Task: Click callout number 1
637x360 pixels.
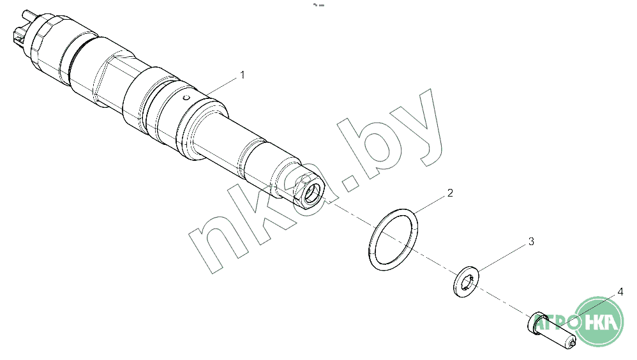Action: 243,75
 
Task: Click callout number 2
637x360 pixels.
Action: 450,193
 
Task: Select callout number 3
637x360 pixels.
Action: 531,241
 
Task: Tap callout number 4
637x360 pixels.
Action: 620,292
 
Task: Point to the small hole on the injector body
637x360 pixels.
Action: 186,98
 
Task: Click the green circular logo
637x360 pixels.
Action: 600,322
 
